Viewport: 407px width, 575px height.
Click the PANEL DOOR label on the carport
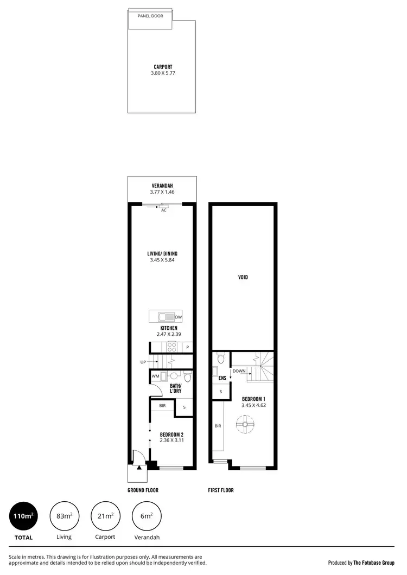click(150, 16)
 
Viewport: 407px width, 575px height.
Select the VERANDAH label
click(163, 186)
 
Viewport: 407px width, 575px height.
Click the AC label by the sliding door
click(163, 210)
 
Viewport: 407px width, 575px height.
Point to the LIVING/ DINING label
click(163, 253)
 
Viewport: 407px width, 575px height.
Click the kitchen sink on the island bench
click(164, 317)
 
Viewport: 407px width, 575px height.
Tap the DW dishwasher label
click(179, 317)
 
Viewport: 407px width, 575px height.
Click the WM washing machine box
click(155, 376)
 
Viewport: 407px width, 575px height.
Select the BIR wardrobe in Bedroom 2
click(162, 405)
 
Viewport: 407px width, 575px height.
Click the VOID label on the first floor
click(243, 277)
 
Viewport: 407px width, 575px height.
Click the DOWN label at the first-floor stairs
click(239, 371)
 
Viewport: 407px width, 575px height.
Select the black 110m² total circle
click(23, 516)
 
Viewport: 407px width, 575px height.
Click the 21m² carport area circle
click(105, 516)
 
